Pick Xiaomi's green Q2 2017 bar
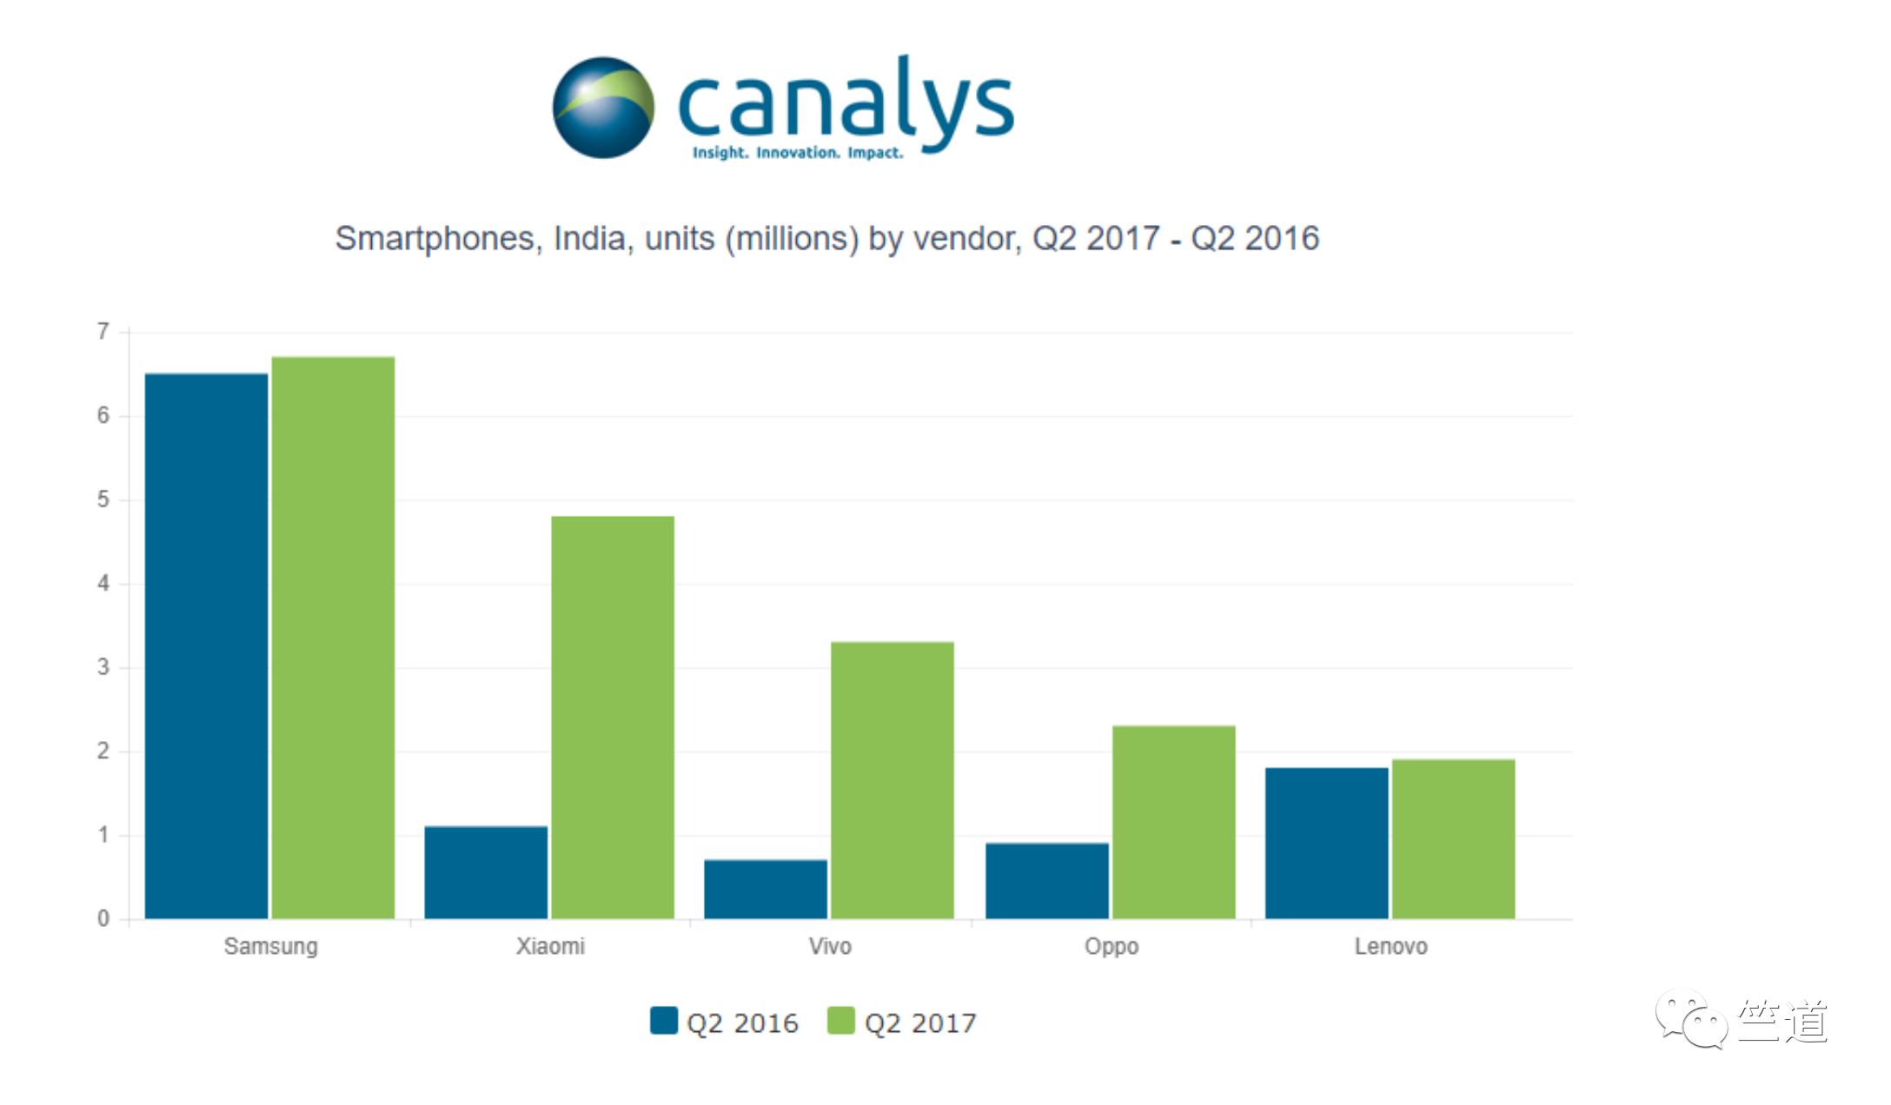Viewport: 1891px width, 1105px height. click(613, 717)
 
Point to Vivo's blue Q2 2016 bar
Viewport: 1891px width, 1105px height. click(766, 889)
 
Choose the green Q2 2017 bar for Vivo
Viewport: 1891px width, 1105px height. click(892, 779)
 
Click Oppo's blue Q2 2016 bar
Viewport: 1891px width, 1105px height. click(1047, 880)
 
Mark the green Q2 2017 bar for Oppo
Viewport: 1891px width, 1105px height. click(1173, 822)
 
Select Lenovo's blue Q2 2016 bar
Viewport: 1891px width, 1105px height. click(1326, 843)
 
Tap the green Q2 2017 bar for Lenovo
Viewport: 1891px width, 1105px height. click(1453, 838)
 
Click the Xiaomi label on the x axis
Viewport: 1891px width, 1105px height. click(550, 946)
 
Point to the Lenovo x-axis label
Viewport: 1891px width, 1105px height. click(1390, 946)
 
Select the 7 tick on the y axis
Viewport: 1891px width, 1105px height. click(103, 331)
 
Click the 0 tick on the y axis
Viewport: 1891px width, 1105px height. click(103, 918)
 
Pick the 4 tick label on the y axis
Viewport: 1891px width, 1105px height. click(103, 583)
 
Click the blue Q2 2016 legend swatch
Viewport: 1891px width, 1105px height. click(664, 1021)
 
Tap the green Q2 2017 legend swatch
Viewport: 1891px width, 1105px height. click(841, 1021)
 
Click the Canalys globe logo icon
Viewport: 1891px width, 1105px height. click(603, 108)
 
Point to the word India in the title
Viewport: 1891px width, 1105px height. click(589, 238)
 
